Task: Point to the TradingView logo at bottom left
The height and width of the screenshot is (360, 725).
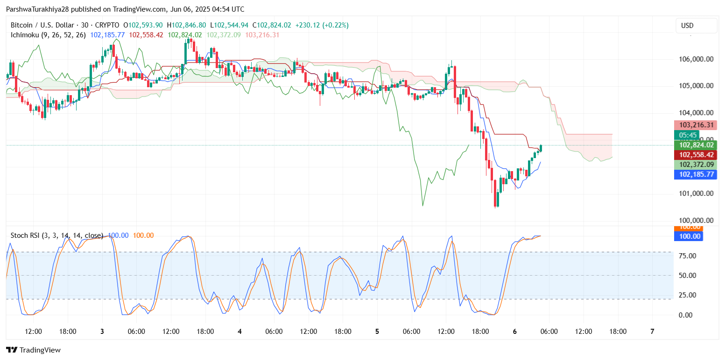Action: (x=33, y=350)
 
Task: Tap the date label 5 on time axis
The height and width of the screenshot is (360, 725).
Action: (x=377, y=332)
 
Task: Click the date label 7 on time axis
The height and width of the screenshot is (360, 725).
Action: (x=652, y=332)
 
